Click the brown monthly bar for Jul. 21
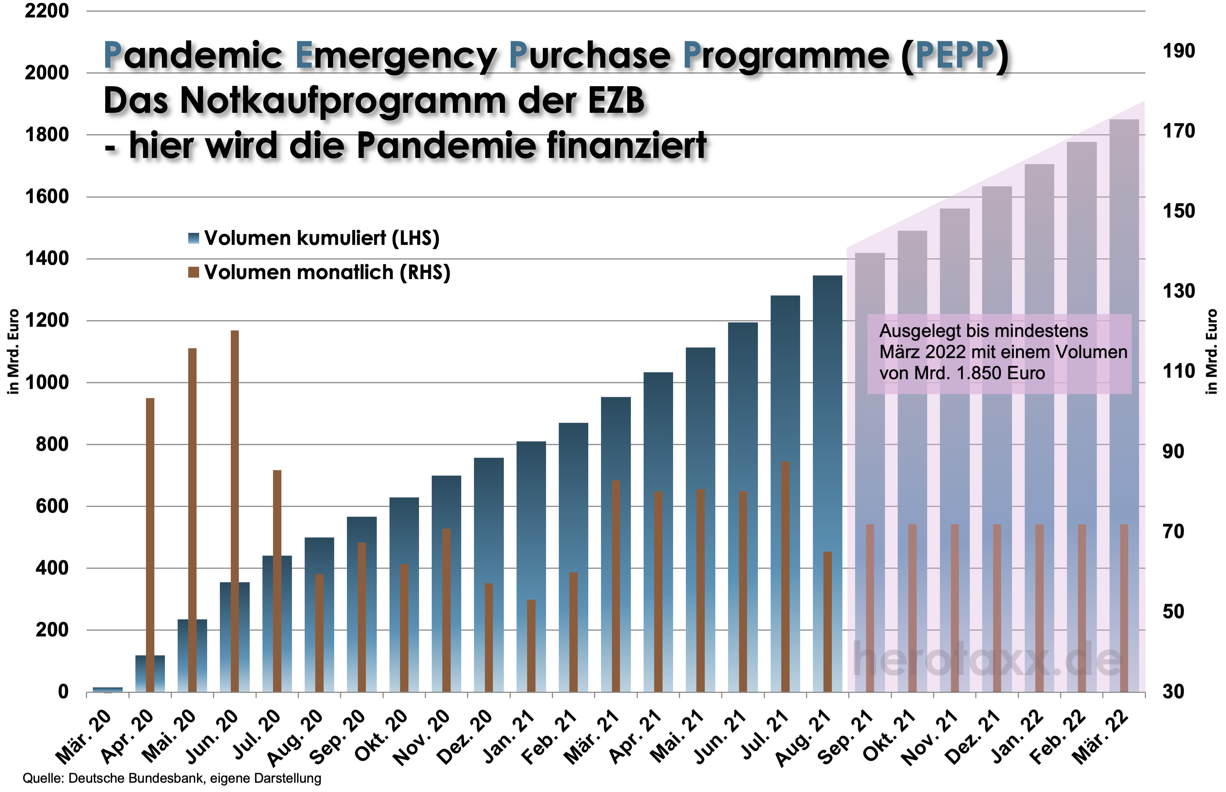pos(785,576)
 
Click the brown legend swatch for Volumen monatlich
pos(193,272)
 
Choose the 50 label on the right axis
pos(1174,612)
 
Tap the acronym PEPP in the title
pos(954,56)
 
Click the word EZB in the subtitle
pos(616,100)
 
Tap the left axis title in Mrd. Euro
pos(14,352)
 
